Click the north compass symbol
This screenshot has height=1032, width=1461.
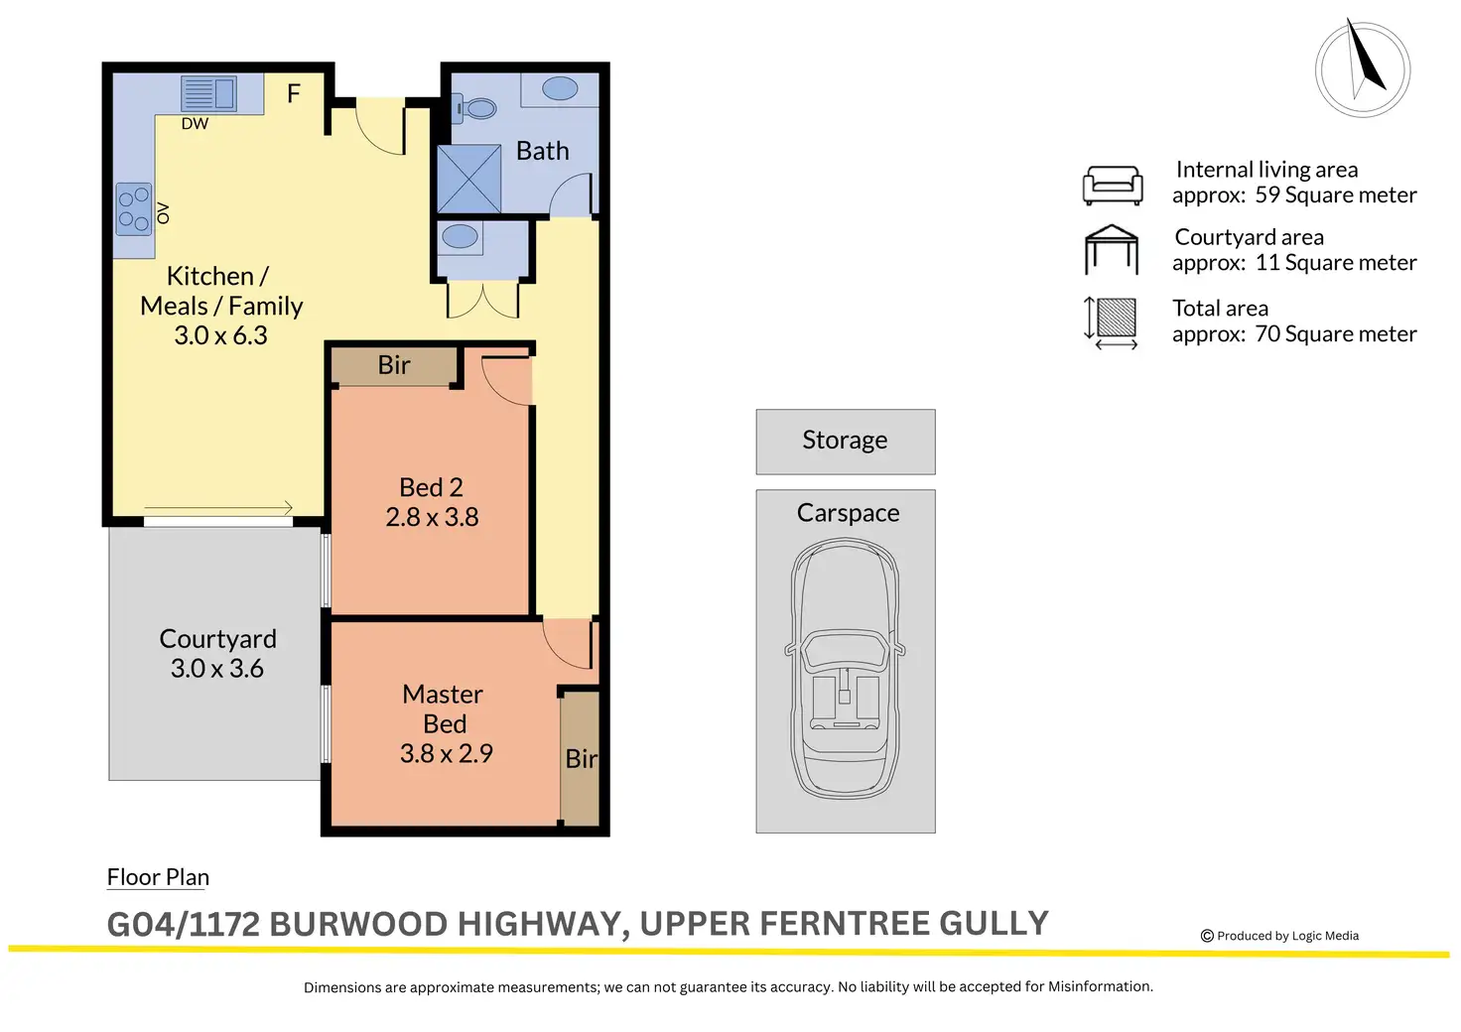pyautogui.click(x=1363, y=69)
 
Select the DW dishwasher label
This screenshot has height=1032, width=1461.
pyautogui.click(x=195, y=123)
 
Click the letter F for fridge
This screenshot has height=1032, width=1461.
pyautogui.click(x=294, y=93)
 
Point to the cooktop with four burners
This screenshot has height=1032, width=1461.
pyautogui.click(x=134, y=208)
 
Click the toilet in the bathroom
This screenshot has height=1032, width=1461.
pyautogui.click(x=474, y=108)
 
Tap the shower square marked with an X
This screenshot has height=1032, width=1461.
pyautogui.click(x=468, y=180)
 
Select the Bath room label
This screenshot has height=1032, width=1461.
pyautogui.click(x=542, y=151)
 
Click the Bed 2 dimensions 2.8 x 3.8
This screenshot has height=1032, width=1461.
pyautogui.click(x=432, y=517)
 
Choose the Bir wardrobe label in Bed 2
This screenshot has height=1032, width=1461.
pyautogui.click(x=394, y=365)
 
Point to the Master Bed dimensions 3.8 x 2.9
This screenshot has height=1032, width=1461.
pyautogui.click(x=446, y=753)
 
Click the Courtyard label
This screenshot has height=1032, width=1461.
pyautogui.click(x=217, y=639)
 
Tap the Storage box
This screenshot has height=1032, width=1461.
pyautogui.click(x=846, y=442)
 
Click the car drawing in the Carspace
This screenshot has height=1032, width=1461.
pyautogui.click(x=845, y=668)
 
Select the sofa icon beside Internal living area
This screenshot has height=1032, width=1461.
pyautogui.click(x=1113, y=186)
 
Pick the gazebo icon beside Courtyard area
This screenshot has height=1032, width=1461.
pyautogui.click(x=1112, y=249)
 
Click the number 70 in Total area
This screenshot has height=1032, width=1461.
pyautogui.click(x=1267, y=333)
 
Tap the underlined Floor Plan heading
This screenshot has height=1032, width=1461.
pyautogui.click(x=158, y=877)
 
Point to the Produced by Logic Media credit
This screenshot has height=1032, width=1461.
pyautogui.click(x=1279, y=936)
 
